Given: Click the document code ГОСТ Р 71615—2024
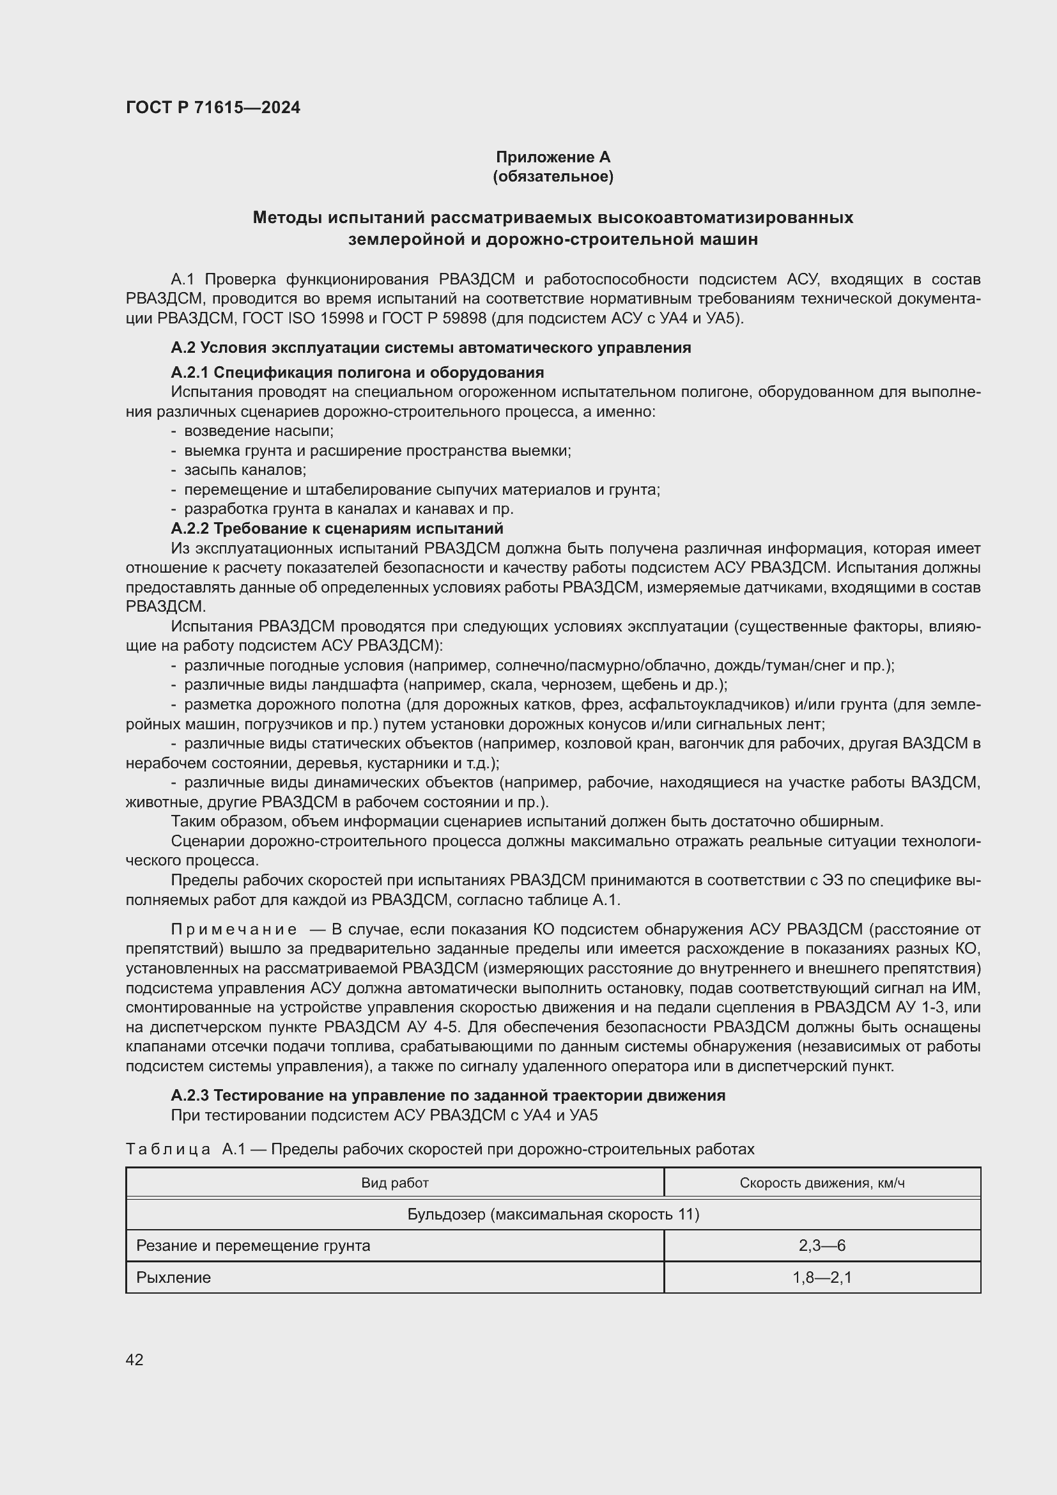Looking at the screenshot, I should (213, 107).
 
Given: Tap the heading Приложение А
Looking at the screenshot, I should (553, 157).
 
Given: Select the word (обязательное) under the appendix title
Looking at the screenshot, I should (553, 176).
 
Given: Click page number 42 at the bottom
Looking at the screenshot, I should (134, 1359).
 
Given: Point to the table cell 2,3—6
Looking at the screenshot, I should (821, 1246).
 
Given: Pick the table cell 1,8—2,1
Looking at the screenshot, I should (821, 1277).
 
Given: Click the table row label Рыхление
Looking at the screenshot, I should (173, 1277).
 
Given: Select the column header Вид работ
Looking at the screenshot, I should (394, 1182).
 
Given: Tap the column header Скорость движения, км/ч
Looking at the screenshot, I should (821, 1182).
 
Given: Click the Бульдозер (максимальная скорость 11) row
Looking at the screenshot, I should (553, 1214).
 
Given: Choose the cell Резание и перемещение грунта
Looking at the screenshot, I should (253, 1246).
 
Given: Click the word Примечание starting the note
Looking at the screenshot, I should (234, 929).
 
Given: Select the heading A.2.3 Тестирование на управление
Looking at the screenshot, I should (448, 1096).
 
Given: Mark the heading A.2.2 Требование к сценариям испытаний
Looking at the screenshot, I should (337, 528).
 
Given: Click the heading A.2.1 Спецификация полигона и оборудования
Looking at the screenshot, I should (357, 373).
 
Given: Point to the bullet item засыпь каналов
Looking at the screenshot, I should (245, 470).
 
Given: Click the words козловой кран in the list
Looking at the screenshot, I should (621, 743).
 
